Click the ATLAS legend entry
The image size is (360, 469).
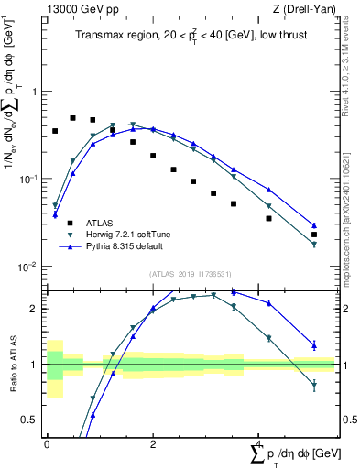[99, 222]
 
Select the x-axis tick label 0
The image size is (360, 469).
[47, 443]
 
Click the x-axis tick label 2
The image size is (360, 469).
[152, 443]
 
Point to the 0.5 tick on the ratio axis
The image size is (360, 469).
[28, 420]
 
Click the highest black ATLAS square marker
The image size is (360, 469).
[72, 118]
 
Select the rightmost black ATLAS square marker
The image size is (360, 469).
[314, 234]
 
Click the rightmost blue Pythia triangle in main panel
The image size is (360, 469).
[314, 225]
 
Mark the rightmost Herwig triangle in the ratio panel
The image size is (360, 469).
[314, 387]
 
